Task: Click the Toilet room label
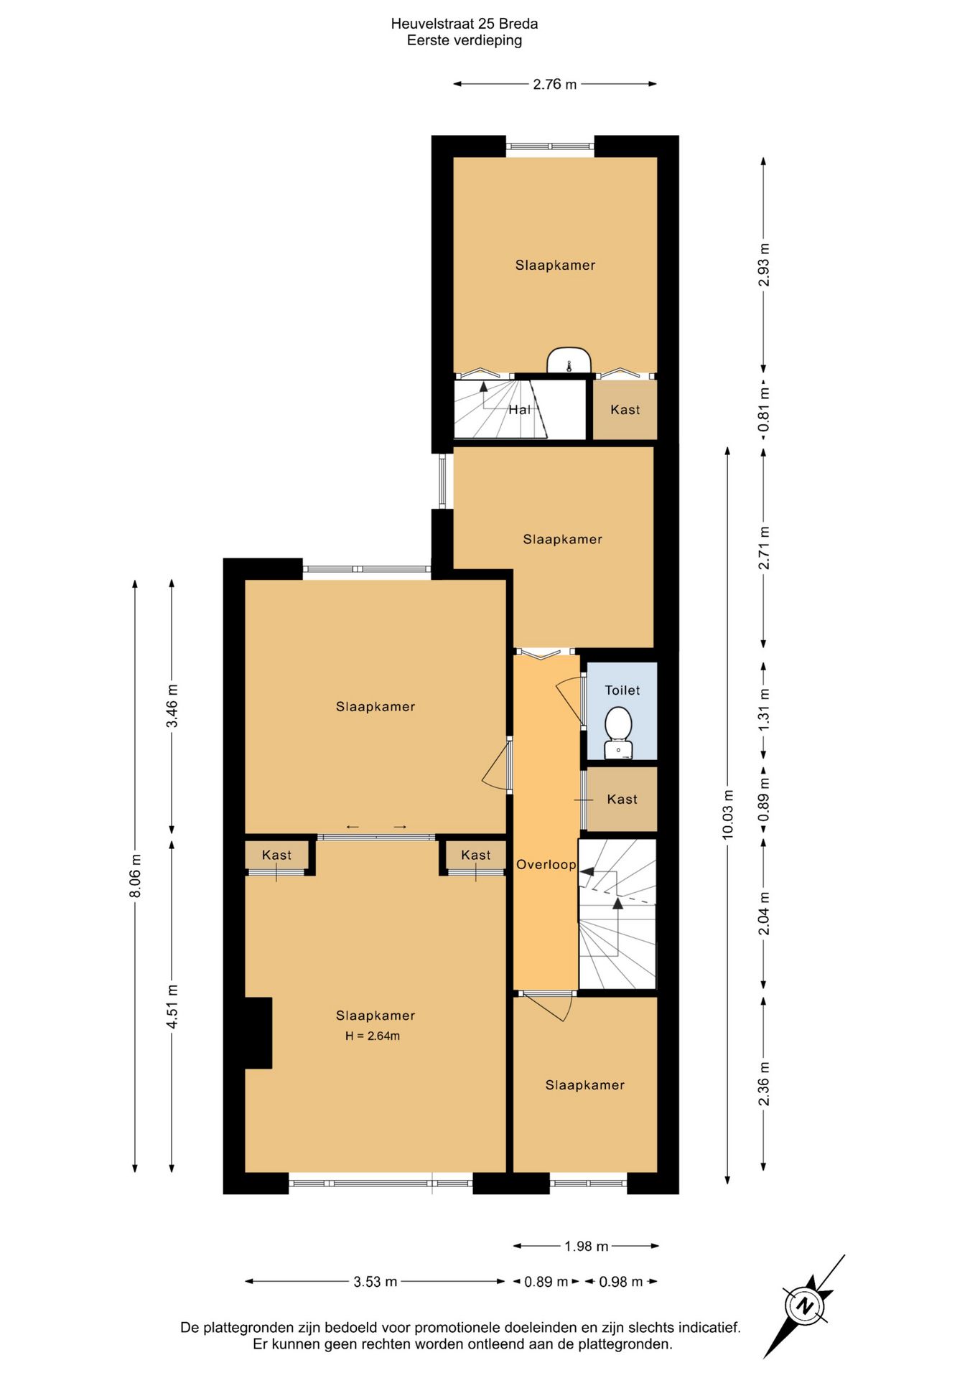(x=622, y=690)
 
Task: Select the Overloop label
(x=546, y=865)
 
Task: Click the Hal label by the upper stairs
(x=520, y=410)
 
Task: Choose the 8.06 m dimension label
(x=136, y=876)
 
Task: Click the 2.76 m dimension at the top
(x=554, y=85)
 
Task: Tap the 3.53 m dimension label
(x=375, y=1282)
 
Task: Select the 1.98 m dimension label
(x=586, y=1247)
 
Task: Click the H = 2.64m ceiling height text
(x=373, y=1036)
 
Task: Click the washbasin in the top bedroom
(x=569, y=361)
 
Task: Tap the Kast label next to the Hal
(x=625, y=410)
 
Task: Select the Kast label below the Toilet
(x=622, y=800)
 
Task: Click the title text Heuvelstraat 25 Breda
(x=465, y=24)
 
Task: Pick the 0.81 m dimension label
(x=765, y=411)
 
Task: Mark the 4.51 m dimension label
(x=172, y=1006)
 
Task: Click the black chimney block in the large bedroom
(x=258, y=1033)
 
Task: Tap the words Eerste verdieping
(x=465, y=41)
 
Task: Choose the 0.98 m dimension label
(x=620, y=1282)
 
